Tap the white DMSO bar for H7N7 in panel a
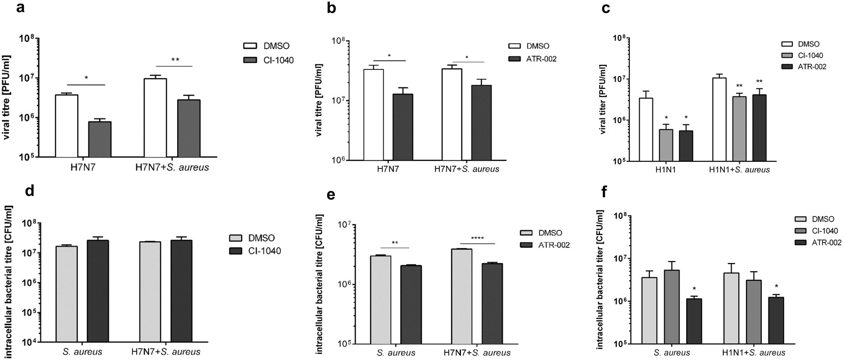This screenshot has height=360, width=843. [x=66, y=126]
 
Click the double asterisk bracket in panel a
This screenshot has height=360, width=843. [x=175, y=60]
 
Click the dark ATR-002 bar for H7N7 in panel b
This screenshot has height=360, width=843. [x=403, y=127]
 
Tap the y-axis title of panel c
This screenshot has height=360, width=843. [x=603, y=100]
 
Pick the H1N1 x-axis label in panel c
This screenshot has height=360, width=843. [x=665, y=170]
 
